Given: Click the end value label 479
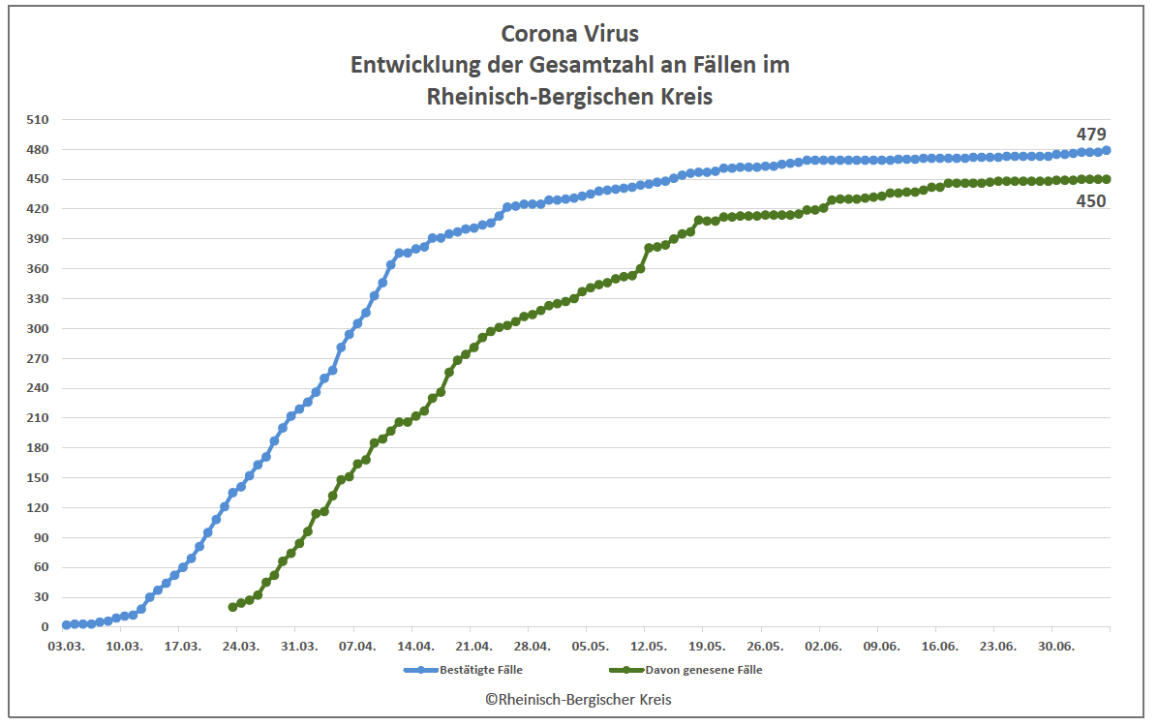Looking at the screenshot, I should [1091, 135].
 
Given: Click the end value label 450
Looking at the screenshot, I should [1091, 201].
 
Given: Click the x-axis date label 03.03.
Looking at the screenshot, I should [66, 645].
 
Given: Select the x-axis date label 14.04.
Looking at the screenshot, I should [414, 645].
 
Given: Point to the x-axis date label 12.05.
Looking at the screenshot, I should [648, 645].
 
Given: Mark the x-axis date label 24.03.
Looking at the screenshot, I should [240, 645].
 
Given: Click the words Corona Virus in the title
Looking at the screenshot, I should [570, 33].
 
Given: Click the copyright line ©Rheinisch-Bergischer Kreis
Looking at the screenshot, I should [578, 699].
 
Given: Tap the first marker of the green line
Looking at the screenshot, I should [232, 607].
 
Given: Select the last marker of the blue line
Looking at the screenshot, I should [1107, 150].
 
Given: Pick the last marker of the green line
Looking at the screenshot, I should [1107, 179].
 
